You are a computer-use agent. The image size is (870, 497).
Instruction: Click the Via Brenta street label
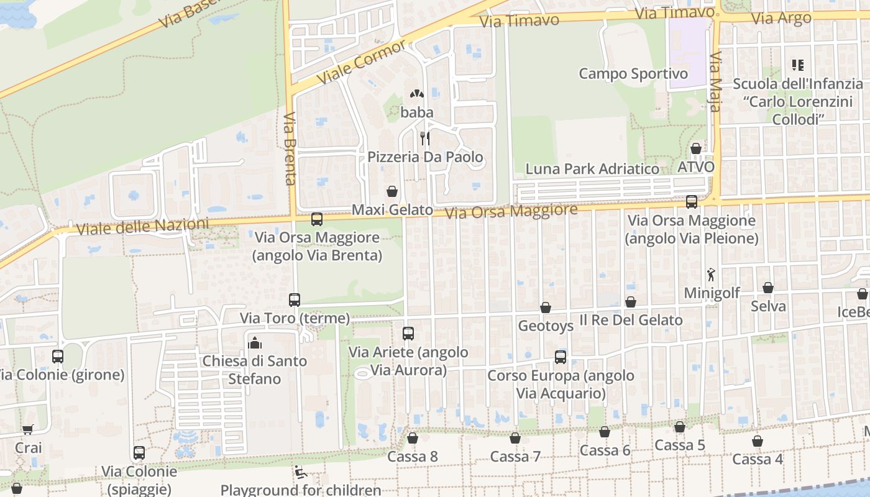(290, 149)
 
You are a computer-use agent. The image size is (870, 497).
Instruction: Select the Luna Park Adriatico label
(592, 169)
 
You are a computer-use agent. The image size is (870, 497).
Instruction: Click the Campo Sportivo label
(633, 74)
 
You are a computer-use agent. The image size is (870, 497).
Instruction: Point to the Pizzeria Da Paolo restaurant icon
(425, 138)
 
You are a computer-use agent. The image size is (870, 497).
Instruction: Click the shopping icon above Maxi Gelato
(392, 191)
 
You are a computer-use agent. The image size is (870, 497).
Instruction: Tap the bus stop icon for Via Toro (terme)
(295, 300)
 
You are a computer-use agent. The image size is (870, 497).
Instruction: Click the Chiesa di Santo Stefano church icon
(255, 342)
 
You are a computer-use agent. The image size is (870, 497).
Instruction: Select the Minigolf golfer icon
(711, 274)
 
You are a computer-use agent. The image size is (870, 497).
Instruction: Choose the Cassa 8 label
(413, 457)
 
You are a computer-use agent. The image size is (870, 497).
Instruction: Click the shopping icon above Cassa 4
(758, 441)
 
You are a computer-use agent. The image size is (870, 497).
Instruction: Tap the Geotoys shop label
(546, 326)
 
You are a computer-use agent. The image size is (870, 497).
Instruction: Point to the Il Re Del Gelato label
(631, 321)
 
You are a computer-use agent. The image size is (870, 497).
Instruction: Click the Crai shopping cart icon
(28, 429)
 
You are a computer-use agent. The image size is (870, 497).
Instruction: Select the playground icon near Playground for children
(300, 472)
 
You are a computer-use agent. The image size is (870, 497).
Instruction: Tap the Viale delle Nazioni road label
(142, 227)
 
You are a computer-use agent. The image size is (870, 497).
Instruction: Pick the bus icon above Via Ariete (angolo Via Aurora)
(408, 334)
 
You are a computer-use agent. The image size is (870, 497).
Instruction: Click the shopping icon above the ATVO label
(696, 148)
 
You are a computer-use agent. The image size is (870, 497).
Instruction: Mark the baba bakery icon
(416, 94)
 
